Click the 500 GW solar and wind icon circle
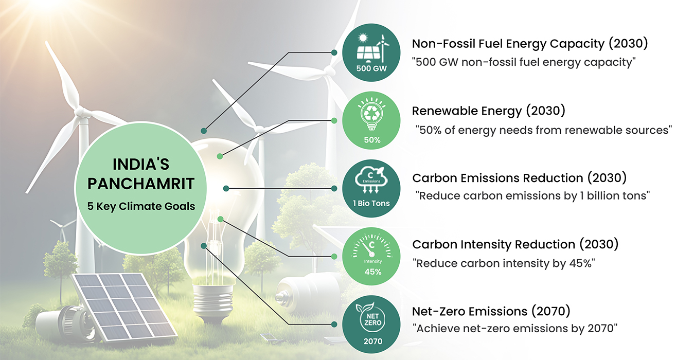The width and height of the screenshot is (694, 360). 371,52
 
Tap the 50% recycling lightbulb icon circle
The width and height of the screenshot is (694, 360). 371,120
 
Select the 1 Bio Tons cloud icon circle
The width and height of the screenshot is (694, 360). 371,188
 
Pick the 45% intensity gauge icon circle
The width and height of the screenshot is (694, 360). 371,256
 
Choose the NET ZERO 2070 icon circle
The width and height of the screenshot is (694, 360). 371,325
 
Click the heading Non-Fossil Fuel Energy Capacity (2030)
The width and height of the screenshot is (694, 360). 530,44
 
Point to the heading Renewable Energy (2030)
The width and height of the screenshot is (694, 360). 489,111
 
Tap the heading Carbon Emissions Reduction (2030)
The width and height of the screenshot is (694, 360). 519,178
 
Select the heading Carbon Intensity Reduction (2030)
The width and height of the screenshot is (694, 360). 515,244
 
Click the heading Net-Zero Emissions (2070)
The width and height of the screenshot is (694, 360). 491,311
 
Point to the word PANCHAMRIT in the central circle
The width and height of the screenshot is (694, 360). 141,184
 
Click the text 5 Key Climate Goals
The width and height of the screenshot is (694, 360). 141,206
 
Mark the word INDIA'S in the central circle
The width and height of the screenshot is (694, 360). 141,164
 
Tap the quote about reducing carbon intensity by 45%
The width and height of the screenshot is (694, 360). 504,263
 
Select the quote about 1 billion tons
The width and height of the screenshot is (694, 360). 532,196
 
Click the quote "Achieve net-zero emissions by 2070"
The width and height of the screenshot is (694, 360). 514,329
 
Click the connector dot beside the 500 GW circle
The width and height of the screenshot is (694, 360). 334,52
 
